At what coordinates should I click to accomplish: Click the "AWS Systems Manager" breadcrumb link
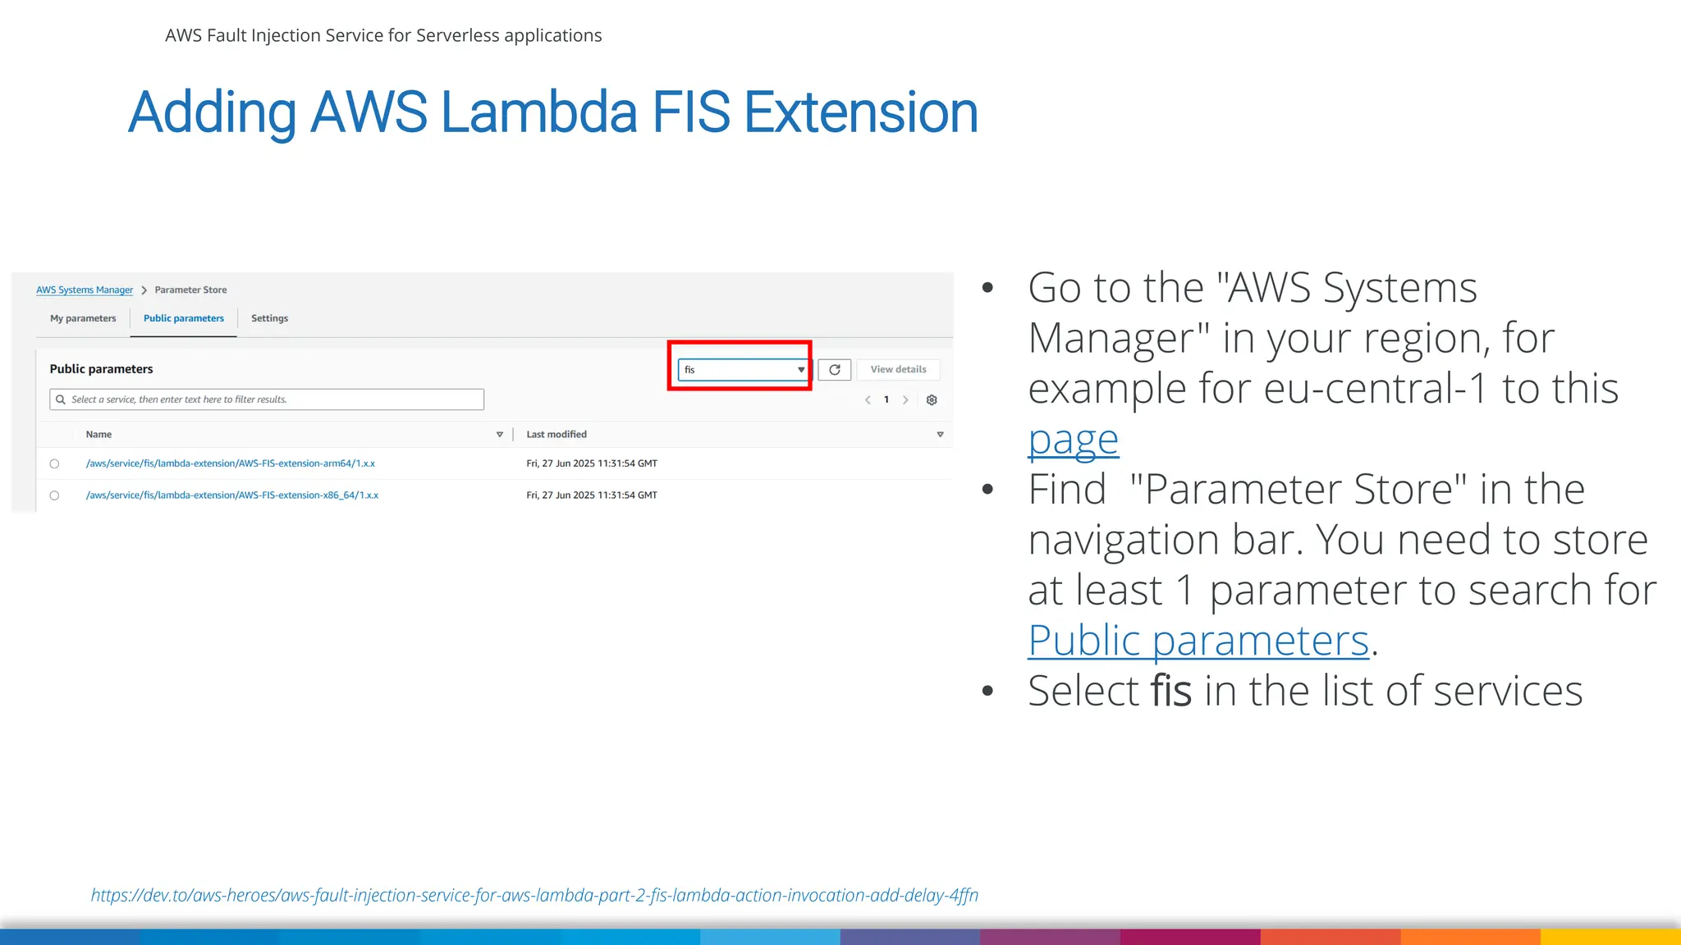point(85,290)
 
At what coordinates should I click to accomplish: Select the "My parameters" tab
point(83,318)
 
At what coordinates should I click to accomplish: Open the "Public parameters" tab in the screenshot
point(183,318)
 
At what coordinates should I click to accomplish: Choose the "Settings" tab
point(269,318)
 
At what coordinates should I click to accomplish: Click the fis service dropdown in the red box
point(742,370)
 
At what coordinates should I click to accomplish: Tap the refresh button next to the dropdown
point(835,370)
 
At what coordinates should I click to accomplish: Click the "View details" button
point(898,370)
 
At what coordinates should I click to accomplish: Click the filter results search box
point(267,399)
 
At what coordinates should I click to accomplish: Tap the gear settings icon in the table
point(932,400)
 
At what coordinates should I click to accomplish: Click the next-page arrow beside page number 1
point(905,400)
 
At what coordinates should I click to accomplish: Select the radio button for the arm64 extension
point(54,464)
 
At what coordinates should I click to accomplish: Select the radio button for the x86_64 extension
point(54,495)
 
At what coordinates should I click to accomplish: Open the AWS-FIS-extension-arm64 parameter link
point(230,463)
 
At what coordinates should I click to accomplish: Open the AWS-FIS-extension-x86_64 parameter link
point(231,495)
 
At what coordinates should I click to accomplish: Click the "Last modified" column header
point(557,435)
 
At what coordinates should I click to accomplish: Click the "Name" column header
point(98,435)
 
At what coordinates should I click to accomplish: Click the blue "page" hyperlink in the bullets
point(1073,440)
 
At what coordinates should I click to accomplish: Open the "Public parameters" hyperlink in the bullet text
point(1198,641)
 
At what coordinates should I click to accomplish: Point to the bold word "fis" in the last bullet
point(1171,691)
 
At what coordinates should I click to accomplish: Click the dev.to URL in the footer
point(534,895)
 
